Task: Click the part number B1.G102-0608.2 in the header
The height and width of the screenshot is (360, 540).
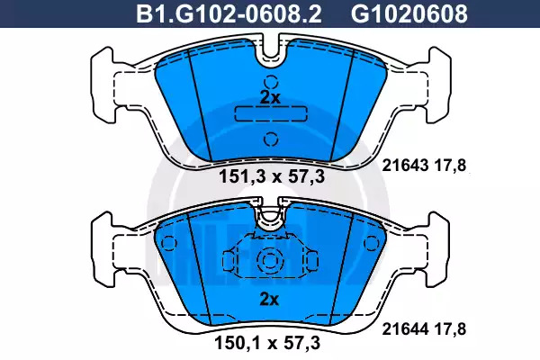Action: (229, 14)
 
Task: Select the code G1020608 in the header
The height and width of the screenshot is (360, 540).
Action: (409, 14)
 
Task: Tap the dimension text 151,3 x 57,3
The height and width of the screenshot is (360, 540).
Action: (272, 176)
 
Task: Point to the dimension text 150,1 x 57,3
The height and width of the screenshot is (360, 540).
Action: (267, 343)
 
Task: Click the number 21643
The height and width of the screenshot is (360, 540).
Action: (405, 166)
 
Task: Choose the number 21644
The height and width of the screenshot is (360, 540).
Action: (405, 329)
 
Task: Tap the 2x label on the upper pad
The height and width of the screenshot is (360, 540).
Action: (270, 98)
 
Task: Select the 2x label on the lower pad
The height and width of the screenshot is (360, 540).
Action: (269, 300)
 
